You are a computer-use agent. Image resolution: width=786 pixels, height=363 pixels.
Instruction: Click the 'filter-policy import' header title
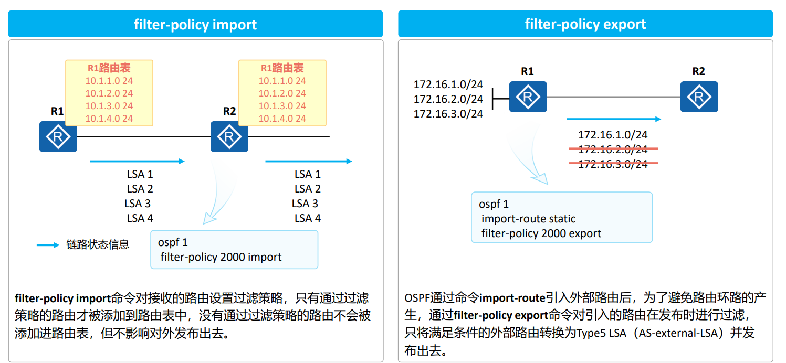(x=195, y=24)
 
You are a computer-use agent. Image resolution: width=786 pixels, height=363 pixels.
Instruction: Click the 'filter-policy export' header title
(x=585, y=24)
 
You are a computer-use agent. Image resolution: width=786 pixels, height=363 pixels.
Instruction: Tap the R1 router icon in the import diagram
(x=58, y=137)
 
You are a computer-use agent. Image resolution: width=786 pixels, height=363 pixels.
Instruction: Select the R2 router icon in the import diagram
(x=229, y=137)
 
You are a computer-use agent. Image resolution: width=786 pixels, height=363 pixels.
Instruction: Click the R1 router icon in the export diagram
(x=528, y=97)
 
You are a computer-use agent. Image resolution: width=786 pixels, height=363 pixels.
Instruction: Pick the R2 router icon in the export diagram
(x=699, y=97)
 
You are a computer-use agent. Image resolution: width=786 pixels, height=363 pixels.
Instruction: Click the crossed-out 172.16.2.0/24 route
(x=613, y=150)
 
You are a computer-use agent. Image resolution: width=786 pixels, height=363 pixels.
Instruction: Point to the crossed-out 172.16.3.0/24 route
(x=613, y=164)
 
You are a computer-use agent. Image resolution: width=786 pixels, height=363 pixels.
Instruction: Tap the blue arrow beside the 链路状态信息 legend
(x=48, y=245)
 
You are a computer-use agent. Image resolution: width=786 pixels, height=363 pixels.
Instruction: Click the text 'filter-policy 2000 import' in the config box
(x=221, y=257)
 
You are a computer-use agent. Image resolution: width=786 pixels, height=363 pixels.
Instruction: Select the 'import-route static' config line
(x=528, y=219)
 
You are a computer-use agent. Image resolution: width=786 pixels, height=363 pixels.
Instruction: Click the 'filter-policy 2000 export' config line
(x=541, y=233)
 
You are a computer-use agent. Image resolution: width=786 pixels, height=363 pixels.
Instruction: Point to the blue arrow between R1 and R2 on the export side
(x=613, y=120)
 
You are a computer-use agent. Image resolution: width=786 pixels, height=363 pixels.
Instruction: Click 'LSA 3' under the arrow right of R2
(x=305, y=204)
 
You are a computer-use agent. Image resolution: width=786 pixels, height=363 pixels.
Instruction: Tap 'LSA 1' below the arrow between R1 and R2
(x=140, y=174)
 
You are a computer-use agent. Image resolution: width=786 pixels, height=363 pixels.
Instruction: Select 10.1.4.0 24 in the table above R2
(x=282, y=119)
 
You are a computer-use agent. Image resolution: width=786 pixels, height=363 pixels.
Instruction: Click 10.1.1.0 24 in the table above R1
(x=109, y=81)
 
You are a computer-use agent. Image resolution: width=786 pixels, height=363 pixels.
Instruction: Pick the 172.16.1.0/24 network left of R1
(x=448, y=84)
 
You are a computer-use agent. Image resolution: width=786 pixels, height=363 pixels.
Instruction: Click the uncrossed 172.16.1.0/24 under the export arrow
(x=613, y=135)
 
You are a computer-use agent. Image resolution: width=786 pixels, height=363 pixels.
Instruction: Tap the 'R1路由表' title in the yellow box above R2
(x=282, y=68)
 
